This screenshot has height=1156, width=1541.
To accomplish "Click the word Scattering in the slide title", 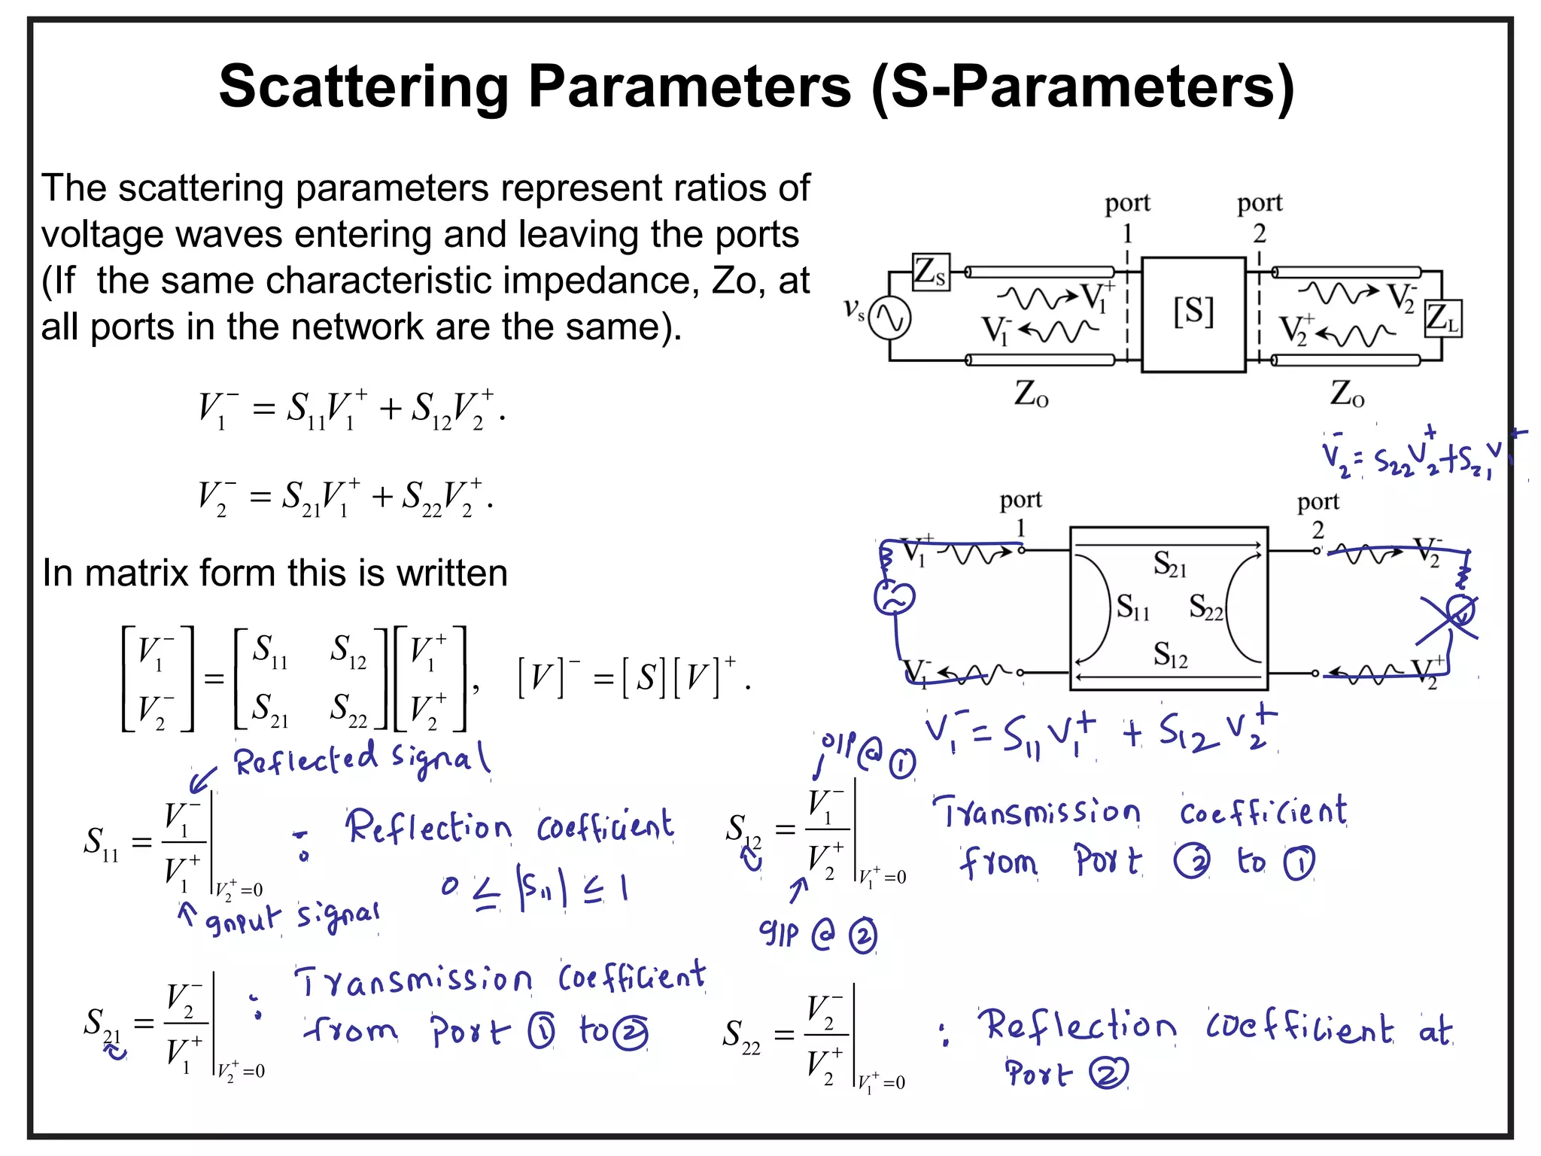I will [364, 87].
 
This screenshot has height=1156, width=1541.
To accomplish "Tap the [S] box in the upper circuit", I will [1193, 312].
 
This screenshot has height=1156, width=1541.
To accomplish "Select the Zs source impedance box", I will [931, 272].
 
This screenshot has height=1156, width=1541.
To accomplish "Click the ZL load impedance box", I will [1442, 318].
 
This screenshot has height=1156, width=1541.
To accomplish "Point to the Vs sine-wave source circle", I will [890, 318].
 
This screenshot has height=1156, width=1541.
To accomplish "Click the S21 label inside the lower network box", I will [1169, 564].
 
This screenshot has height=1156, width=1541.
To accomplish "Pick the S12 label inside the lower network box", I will [1170, 655].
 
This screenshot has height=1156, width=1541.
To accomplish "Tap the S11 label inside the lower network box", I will [1132, 607].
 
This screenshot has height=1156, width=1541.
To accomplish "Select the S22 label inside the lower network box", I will [1205, 607].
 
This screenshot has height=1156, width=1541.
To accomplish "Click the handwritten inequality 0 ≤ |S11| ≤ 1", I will [535, 890].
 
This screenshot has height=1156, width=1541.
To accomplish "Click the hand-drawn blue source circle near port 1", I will [894, 599].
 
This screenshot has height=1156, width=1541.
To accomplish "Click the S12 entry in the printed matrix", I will [348, 651].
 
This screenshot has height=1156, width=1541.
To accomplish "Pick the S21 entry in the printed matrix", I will [269, 710].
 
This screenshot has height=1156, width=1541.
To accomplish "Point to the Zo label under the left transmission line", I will [1031, 394].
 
